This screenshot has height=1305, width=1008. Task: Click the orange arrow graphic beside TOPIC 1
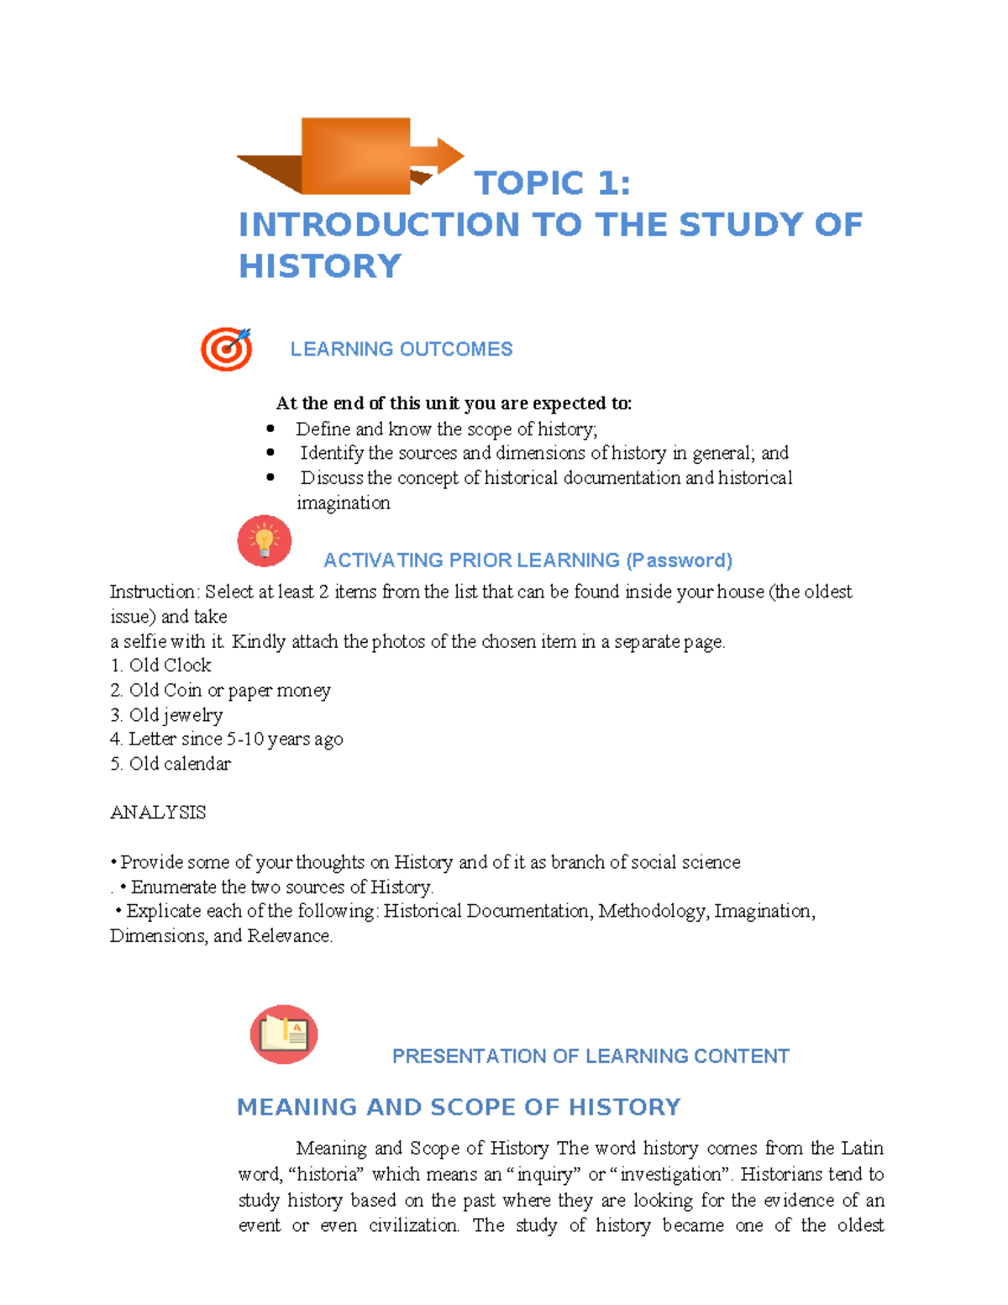coord(353,156)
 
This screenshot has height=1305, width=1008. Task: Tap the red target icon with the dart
coord(226,349)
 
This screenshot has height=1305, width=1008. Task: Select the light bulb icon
coord(265,540)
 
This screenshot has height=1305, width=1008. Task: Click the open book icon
coord(284,1034)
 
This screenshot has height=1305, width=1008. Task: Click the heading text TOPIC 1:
coord(552,183)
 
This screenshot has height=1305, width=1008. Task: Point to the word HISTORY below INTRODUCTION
coord(320,266)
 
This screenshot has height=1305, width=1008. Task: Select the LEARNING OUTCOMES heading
coord(401,350)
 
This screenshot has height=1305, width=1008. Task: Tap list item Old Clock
coord(170,666)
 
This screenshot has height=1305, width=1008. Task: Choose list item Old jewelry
coord(176,715)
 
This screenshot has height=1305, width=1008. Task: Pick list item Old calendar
coord(179,764)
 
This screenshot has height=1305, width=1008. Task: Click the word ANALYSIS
coord(158,813)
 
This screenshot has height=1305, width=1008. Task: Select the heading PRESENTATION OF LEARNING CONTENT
coord(591,1056)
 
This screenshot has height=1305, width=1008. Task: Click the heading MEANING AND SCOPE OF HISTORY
coord(459,1108)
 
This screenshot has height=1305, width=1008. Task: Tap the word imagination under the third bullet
coord(344,503)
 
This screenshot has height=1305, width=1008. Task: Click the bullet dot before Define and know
coord(270,429)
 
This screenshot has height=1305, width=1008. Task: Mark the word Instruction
coord(152,592)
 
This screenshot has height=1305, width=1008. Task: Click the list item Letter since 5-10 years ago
coord(235,739)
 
